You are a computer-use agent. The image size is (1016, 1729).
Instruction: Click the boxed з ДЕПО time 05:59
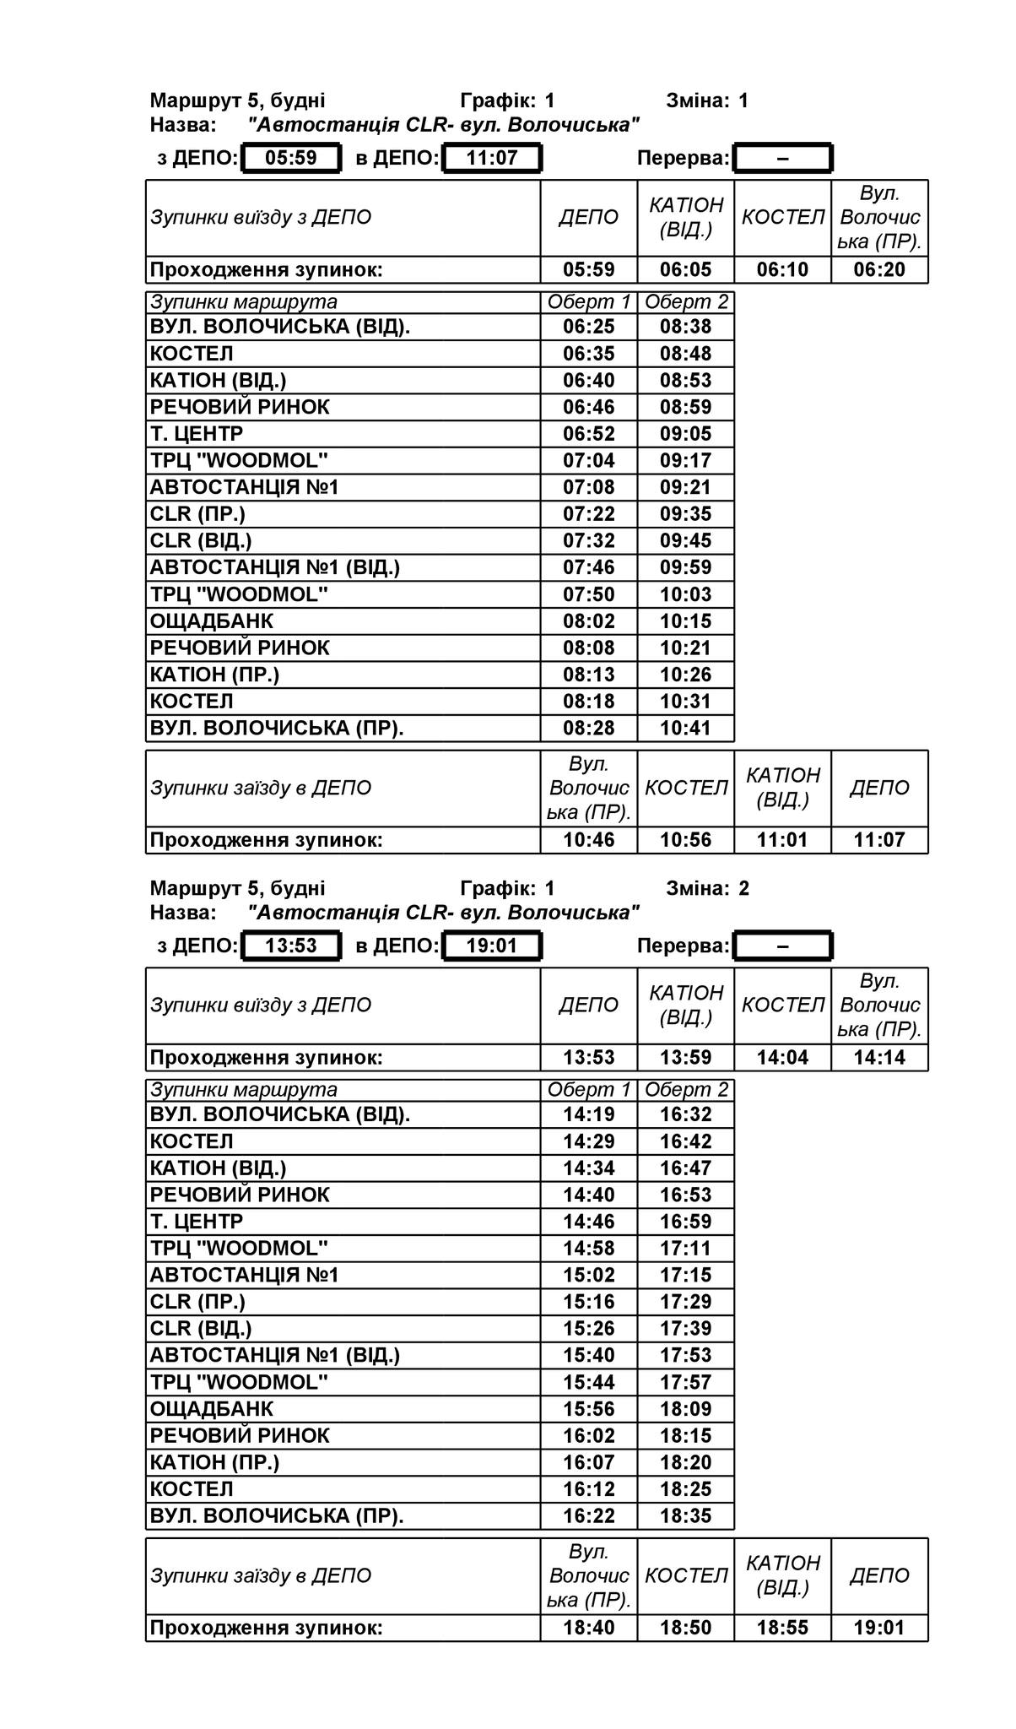(291, 158)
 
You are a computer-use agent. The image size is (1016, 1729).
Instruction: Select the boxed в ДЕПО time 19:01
(492, 946)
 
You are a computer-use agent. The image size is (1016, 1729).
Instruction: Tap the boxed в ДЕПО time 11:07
(492, 158)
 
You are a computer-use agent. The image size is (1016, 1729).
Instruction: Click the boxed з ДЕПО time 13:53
(291, 946)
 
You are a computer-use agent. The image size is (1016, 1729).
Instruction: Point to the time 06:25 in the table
(589, 327)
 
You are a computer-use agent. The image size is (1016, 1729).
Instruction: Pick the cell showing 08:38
(685, 327)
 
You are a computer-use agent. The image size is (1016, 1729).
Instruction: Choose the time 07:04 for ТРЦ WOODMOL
(589, 460)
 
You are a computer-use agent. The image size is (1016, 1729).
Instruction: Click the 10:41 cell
(685, 728)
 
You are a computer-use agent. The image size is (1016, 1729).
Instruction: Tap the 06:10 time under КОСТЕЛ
(782, 270)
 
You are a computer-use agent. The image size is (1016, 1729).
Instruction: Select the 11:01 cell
(782, 840)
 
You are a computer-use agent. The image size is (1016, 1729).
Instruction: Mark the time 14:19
(589, 1114)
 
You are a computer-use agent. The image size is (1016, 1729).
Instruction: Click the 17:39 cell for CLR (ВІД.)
(685, 1328)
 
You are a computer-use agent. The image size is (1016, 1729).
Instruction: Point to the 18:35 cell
(685, 1515)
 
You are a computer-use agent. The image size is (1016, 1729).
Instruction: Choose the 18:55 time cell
(782, 1628)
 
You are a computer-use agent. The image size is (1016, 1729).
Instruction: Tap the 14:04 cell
(782, 1058)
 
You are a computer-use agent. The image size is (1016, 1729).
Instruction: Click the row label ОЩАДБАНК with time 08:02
(212, 621)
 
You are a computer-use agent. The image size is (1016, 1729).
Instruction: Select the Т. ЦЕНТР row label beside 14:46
(197, 1222)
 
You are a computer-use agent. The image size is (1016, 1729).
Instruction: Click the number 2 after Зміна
(743, 888)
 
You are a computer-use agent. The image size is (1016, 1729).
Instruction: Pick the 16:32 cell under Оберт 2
(685, 1114)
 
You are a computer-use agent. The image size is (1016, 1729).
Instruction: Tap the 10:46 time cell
(589, 840)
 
